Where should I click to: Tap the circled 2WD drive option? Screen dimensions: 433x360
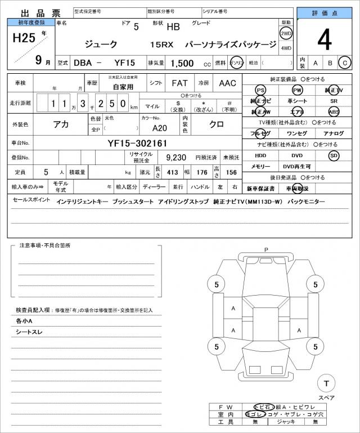[x=286, y=33]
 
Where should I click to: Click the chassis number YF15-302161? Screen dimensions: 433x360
[x=137, y=144]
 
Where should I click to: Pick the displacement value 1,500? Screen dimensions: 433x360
[x=182, y=63]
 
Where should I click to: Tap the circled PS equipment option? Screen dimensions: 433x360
[x=260, y=91]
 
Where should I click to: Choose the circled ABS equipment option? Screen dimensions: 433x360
[x=334, y=111]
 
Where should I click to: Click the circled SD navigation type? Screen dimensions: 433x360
[x=334, y=155]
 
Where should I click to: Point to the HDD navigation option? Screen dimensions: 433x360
[x=260, y=155]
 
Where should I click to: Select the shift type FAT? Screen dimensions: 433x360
[x=179, y=83]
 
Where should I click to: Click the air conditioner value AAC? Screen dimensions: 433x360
[x=228, y=83]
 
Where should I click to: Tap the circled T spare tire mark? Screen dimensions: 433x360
[x=325, y=383]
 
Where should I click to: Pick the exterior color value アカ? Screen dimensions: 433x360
[x=61, y=125]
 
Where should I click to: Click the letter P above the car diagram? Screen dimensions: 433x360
[x=266, y=249]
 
